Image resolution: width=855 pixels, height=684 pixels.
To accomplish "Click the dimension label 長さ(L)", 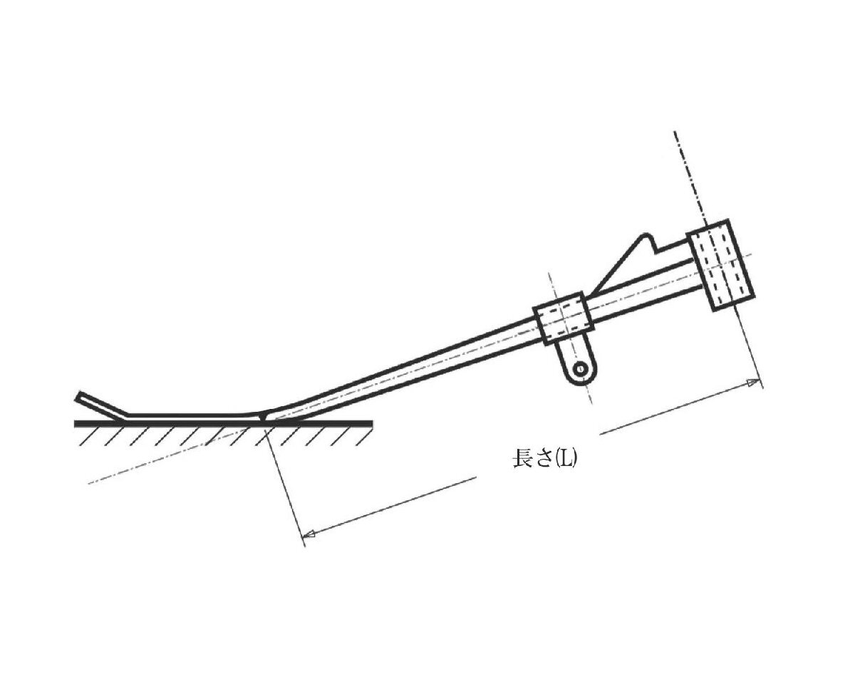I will coord(545,459).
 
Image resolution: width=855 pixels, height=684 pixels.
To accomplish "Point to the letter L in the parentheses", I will coord(566,459).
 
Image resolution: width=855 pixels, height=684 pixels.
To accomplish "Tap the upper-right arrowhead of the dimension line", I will coord(754,383).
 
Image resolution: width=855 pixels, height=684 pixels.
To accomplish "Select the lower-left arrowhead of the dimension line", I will coord(309,534).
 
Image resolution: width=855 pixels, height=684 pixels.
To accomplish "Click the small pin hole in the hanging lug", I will coord(580,369).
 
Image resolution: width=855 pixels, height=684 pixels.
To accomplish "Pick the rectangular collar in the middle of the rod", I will coord(564,318).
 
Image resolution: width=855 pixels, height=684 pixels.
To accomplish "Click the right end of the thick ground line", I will coord(370,423).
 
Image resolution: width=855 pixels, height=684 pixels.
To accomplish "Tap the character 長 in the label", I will coord(521,459).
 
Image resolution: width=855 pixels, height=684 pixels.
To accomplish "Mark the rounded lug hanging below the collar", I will coord(578,363).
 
